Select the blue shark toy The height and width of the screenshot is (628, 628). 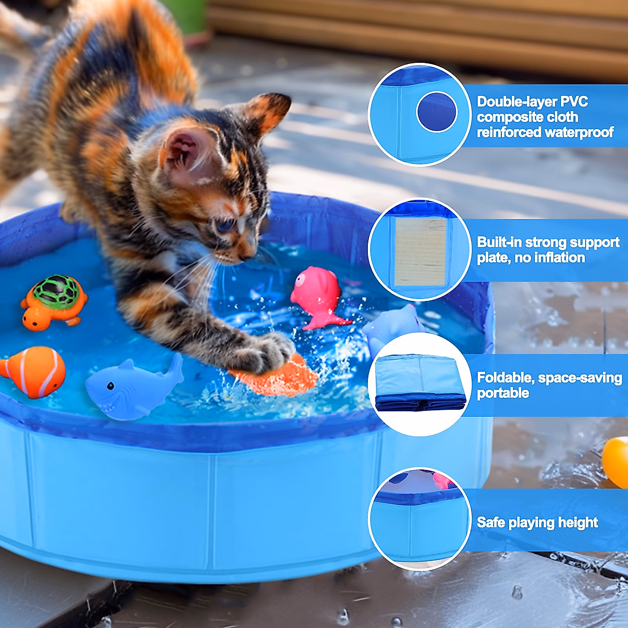pos(131,387)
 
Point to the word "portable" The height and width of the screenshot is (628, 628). pos(502,393)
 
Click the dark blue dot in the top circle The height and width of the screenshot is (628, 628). pos(436,112)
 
